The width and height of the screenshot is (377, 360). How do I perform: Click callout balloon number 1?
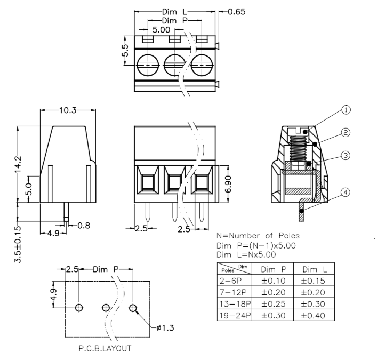click(x=346, y=110)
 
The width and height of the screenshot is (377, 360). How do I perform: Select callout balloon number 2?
click(x=346, y=132)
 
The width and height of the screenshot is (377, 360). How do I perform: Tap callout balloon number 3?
click(x=346, y=155)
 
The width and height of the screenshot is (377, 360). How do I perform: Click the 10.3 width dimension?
click(x=67, y=110)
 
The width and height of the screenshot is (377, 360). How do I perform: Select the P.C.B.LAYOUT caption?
click(x=105, y=350)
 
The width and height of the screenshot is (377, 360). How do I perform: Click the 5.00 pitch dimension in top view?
click(x=162, y=30)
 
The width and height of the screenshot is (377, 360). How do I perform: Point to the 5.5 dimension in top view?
click(x=125, y=51)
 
